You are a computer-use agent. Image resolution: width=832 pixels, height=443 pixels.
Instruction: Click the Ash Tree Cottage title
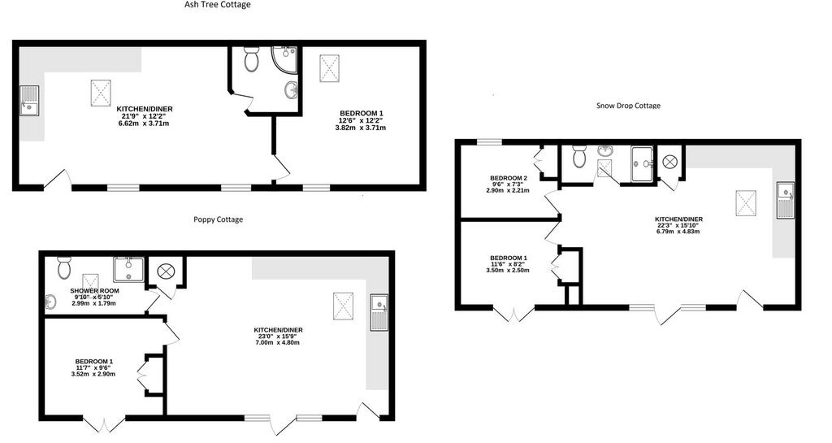(218, 5)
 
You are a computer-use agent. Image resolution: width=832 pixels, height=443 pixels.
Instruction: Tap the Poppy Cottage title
(218, 219)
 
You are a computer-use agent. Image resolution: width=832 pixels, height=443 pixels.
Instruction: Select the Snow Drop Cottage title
(628, 106)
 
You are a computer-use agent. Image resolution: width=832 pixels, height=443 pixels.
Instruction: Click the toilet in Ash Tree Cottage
(251, 59)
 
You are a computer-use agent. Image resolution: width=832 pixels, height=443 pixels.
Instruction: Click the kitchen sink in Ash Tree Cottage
(30, 100)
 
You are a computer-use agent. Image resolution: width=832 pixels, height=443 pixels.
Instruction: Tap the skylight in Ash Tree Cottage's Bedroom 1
(330, 68)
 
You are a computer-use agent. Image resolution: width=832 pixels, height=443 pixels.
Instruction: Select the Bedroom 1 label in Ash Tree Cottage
(362, 113)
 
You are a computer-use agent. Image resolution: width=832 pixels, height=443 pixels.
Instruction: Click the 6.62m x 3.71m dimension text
(145, 124)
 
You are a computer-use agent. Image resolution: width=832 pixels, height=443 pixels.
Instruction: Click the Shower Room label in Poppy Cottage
(94, 291)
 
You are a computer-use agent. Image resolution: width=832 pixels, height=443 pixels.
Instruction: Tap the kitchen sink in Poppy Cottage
(380, 313)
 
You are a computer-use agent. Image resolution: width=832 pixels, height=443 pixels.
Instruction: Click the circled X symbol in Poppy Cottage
(166, 271)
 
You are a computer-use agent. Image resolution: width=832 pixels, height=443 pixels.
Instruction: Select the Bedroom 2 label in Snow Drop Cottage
(509, 178)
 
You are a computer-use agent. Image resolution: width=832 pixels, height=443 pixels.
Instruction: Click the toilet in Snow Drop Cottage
(578, 156)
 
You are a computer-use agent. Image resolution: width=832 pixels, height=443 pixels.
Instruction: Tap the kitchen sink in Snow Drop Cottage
(786, 199)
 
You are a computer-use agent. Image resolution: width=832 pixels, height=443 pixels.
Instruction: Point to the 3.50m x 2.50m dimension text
(508, 271)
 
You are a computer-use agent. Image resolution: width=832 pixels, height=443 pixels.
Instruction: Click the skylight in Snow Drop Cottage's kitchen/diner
(745, 203)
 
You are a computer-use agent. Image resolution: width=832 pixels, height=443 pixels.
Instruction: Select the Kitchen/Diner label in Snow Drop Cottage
(678, 219)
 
